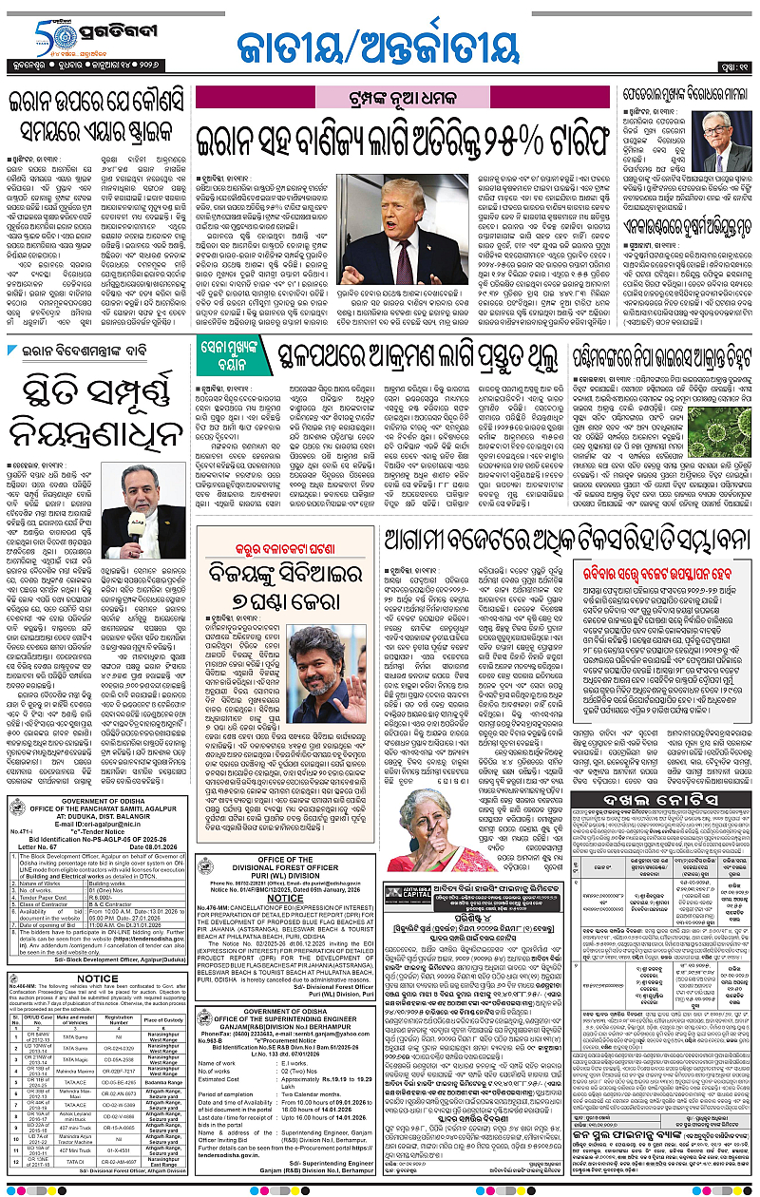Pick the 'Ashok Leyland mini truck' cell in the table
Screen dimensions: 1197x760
75,1117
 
